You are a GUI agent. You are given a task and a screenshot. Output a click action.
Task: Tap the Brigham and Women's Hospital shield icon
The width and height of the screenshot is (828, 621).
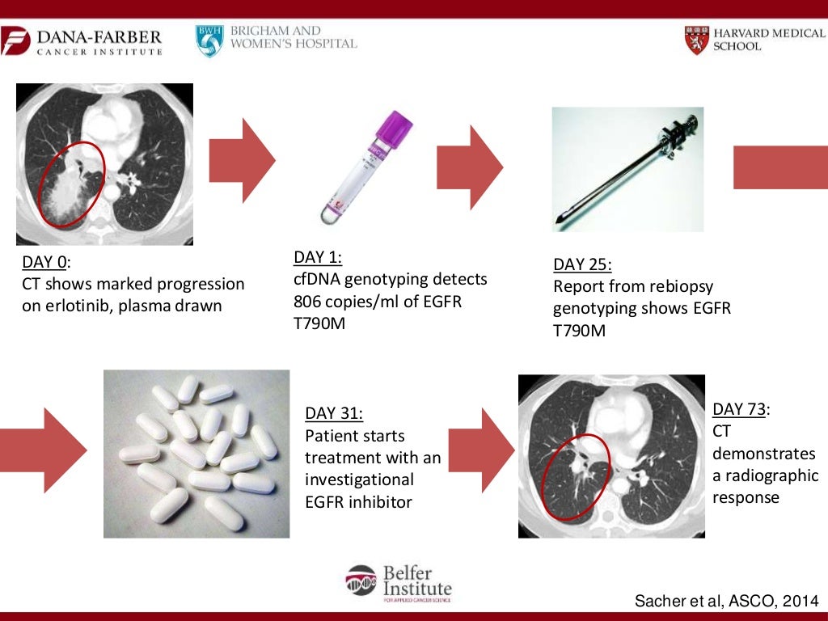click(x=209, y=40)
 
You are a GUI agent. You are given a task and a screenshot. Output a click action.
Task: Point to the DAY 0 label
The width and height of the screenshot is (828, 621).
click(x=45, y=262)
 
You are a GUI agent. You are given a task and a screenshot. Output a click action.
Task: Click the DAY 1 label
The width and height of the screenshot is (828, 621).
click(x=317, y=257)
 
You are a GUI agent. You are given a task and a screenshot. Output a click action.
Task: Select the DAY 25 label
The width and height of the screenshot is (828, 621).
click(x=581, y=264)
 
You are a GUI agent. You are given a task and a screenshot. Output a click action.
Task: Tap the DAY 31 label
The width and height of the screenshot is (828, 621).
click(x=333, y=413)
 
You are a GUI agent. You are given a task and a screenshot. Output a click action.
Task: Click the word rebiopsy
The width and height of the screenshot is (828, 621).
click(x=678, y=286)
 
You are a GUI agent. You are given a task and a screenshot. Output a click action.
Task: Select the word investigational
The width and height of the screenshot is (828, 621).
click(x=359, y=479)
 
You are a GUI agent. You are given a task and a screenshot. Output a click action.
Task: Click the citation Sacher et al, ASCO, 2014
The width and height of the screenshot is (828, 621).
click(x=725, y=602)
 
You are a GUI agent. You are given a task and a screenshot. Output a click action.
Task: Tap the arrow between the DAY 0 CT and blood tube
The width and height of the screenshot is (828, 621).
click(x=242, y=160)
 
